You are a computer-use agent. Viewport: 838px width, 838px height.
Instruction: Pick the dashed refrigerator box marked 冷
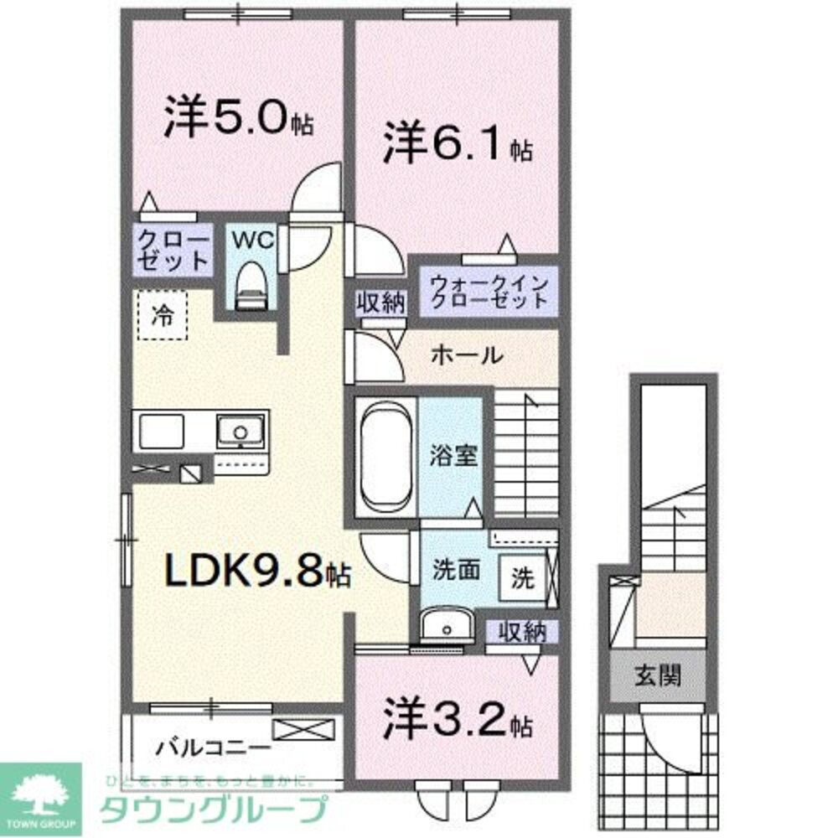click(163, 315)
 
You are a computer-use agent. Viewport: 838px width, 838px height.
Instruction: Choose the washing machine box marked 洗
click(521, 578)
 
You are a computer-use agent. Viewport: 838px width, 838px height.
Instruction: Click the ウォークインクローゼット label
click(489, 290)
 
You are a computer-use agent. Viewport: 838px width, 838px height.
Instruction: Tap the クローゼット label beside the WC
click(173, 250)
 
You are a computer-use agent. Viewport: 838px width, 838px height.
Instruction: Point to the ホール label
click(467, 355)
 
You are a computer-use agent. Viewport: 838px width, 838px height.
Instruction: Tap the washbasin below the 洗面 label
click(444, 625)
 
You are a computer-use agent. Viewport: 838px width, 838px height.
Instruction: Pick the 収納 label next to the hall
click(381, 303)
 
